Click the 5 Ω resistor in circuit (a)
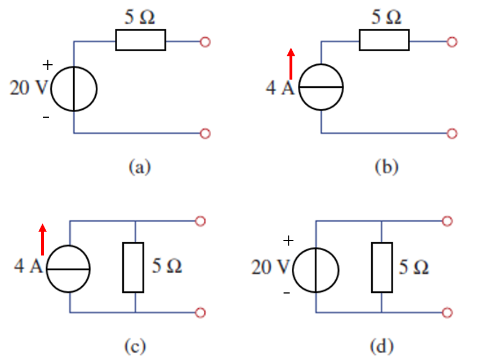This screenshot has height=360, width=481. (x=140, y=41)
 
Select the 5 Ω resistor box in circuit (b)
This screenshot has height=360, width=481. (x=384, y=41)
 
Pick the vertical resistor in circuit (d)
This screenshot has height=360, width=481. (x=382, y=267)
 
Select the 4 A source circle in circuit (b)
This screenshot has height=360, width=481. (x=320, y=88)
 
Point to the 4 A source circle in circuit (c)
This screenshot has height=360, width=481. (x=68, y=269)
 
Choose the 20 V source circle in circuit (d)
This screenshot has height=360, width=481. (x=317, y=269)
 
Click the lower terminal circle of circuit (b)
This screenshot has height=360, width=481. (x=451, y=134)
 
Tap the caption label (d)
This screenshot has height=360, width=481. (x=385, y=345)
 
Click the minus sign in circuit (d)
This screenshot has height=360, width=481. (x=287, y=293)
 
